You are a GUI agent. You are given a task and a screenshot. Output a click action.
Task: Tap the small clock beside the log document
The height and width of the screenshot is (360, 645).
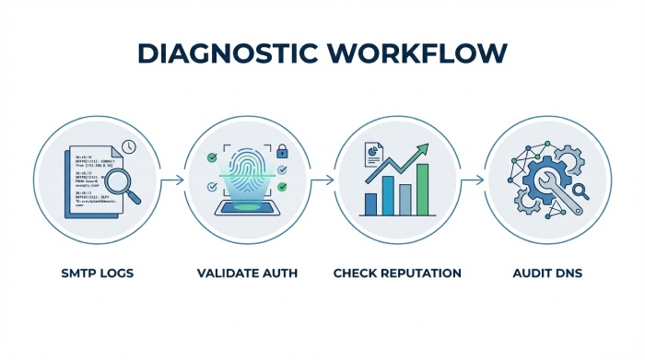coord(128,145)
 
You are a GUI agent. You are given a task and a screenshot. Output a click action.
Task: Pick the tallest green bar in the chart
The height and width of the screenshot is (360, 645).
coord(422,189)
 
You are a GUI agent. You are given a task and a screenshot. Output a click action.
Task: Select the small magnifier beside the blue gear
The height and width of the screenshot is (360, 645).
coord(580,192)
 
